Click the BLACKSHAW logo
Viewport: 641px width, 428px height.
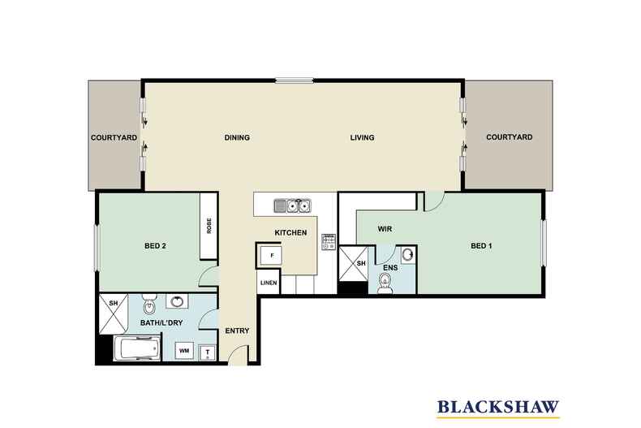click(x=498, y=408)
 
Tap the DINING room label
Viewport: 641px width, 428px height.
click(x=237, y=137)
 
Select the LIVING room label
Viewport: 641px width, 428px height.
click(x=362, y=137)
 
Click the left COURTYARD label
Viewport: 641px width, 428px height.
click(x=114, y=138)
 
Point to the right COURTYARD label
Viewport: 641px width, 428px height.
click(x=510, y=137)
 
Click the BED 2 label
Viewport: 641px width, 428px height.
click(x=155, y=246)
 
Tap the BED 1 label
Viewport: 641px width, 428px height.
click(x=482, y=246)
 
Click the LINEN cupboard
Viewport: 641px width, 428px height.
click(x=269, y=283)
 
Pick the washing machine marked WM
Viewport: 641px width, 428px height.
click(x=184, y=351)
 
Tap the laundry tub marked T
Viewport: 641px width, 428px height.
click(x=207, y=352)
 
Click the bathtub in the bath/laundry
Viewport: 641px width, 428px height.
click(x=136, y=348)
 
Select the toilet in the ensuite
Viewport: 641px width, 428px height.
click(x=385, y=283)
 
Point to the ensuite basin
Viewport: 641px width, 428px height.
click(x=407, y=255)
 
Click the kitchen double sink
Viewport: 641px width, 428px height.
click(x=292, y=205)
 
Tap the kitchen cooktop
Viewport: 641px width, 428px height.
click(x=329, y=241)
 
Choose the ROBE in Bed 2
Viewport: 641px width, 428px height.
click(x=209, y=226)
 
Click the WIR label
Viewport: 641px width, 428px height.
click(x=385, y=229)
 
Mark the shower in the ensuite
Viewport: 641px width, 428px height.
click(x=353, y=263)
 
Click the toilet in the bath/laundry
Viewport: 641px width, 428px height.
click(x=149, y=303)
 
